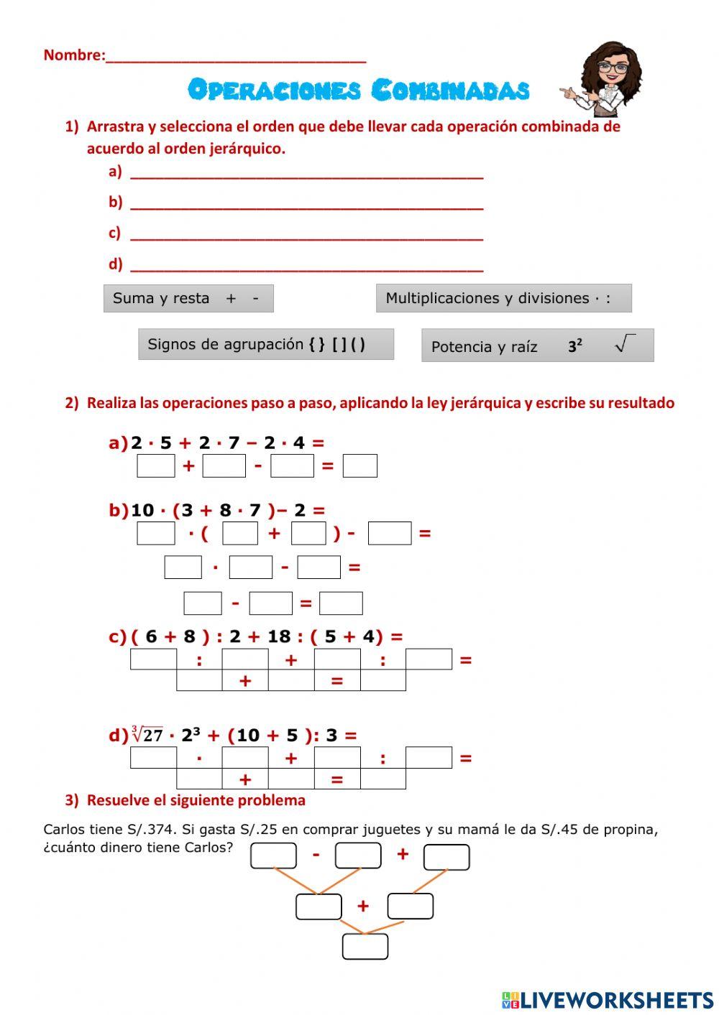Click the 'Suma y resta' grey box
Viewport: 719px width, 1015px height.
[188, 298]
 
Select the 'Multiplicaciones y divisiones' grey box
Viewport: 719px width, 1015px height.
[503, 298]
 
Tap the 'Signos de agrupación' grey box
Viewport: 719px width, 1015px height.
[266, 344]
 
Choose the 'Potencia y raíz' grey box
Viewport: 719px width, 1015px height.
[537, 346]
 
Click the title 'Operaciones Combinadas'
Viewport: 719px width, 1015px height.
[358, 90]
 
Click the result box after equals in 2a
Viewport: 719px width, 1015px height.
[359, 465]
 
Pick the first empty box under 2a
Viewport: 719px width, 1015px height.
[156, 465]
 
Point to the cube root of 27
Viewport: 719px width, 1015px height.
[147, 735]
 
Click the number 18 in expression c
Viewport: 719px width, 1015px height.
[279, 636]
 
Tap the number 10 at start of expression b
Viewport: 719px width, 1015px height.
[142, 510]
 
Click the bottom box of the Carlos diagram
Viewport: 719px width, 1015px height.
[365, 946]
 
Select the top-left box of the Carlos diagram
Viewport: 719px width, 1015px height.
[273, 856]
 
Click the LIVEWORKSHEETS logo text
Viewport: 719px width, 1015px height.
[616, 1000]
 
